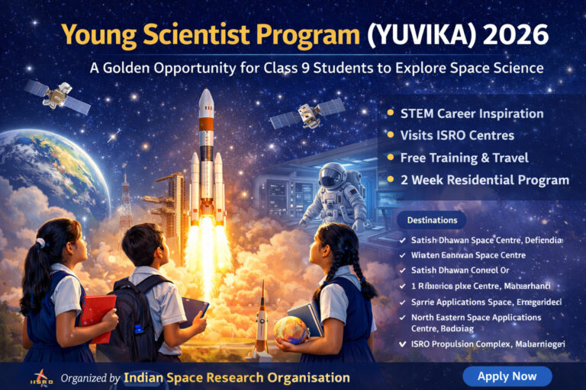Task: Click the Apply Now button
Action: coord(507,376)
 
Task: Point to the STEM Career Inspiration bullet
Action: coord(472,113)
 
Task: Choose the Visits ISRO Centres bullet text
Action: coord(457,136)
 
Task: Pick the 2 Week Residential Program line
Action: coord(485,181)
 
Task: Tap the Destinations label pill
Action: coord(432,220)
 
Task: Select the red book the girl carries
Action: coord(98,317)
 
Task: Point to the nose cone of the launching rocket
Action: coord(206,97)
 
